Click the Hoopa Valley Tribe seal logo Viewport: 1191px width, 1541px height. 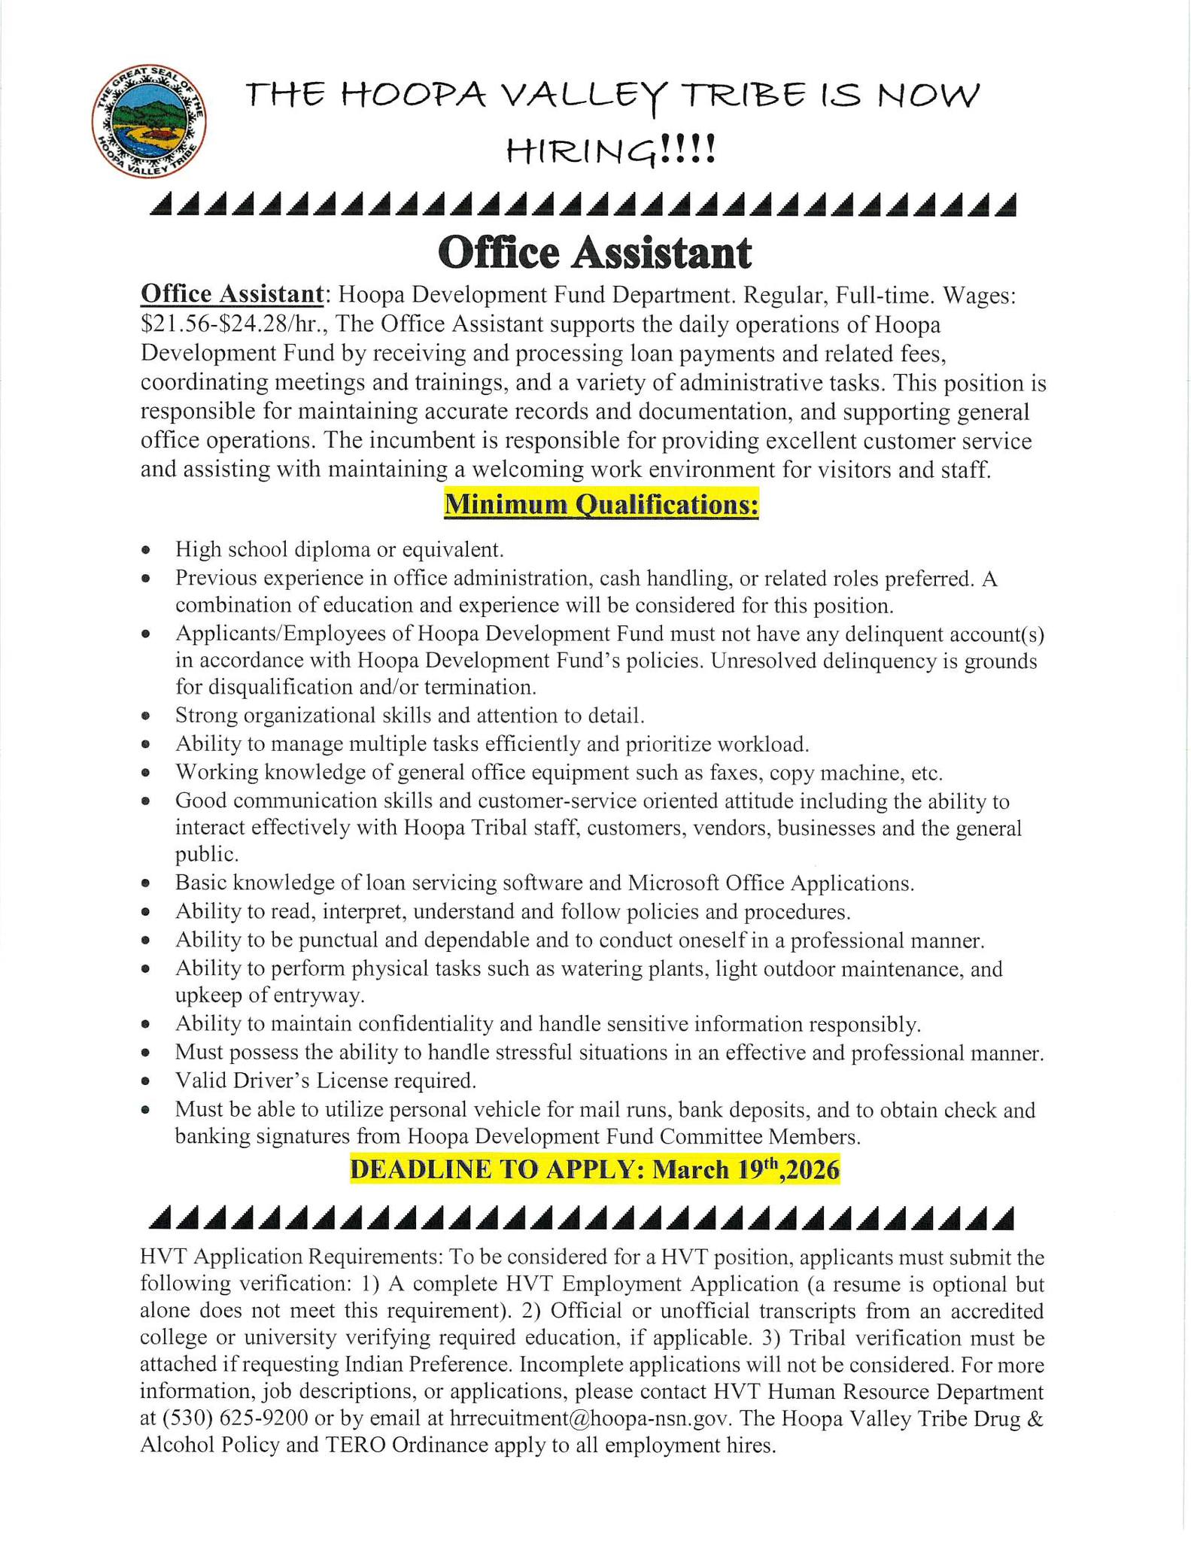click(149, 121)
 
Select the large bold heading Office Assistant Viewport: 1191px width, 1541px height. click(594, 253)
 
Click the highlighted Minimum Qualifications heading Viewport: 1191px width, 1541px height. click(601, 504)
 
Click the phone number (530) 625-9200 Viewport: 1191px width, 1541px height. click(223, 1418)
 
